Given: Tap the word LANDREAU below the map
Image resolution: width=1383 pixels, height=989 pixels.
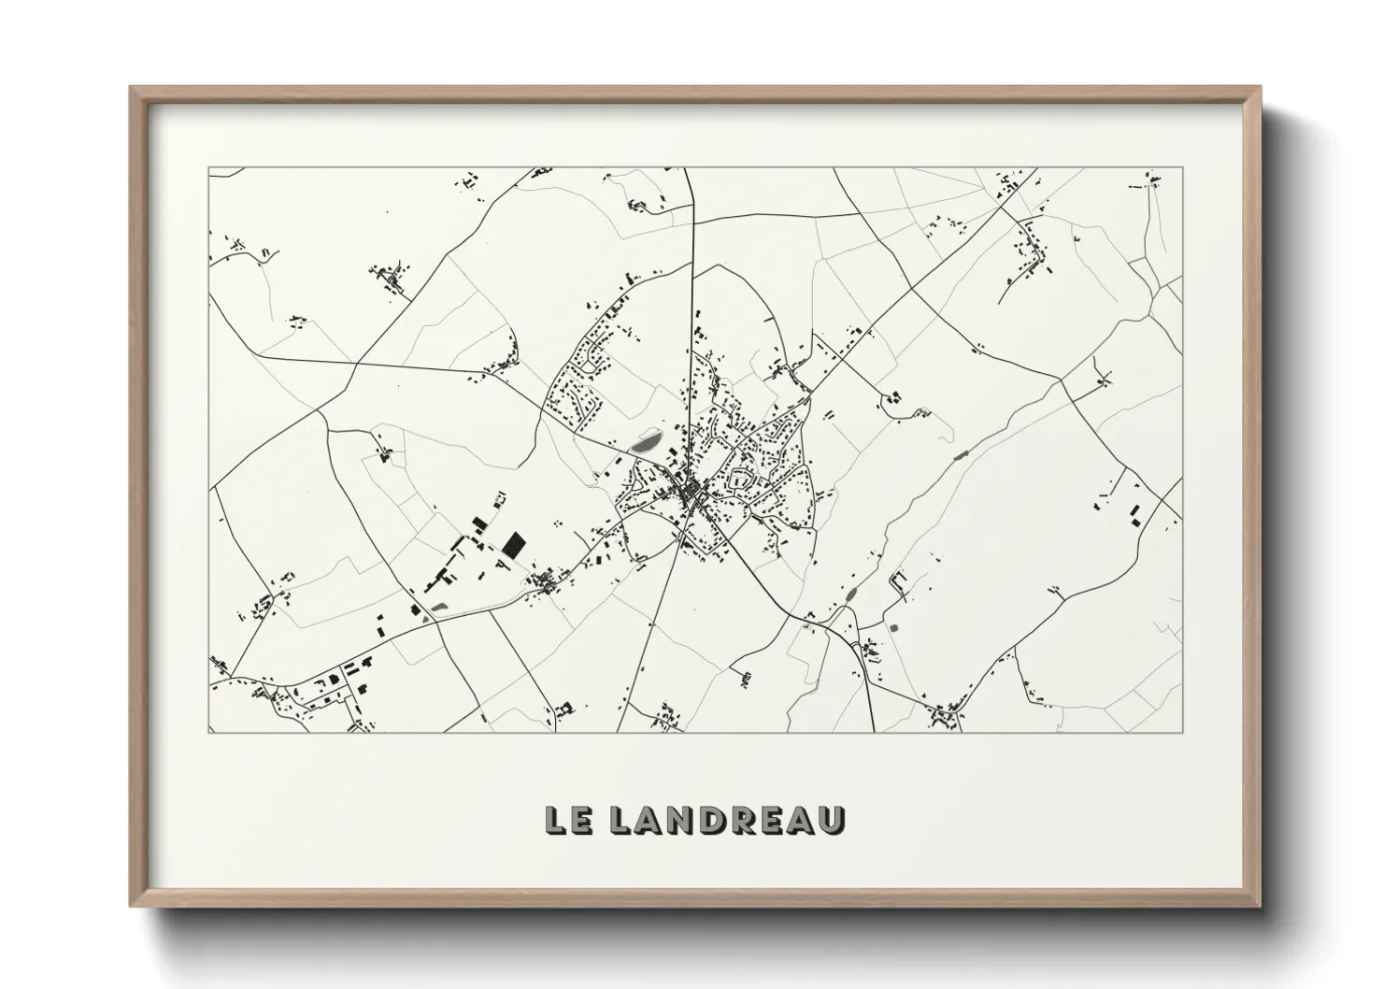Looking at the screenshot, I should coord(727,820).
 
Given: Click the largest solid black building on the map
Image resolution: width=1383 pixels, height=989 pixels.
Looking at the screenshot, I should coord(512,545).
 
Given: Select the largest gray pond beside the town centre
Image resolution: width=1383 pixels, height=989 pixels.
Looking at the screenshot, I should coord(645,442).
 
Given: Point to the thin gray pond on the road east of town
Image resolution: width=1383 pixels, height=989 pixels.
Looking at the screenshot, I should coord(960,455).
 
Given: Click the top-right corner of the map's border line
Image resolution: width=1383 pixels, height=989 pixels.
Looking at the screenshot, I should coord(1183,168).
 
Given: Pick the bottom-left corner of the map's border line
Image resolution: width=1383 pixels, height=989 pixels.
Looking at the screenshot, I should coord(209,732).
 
